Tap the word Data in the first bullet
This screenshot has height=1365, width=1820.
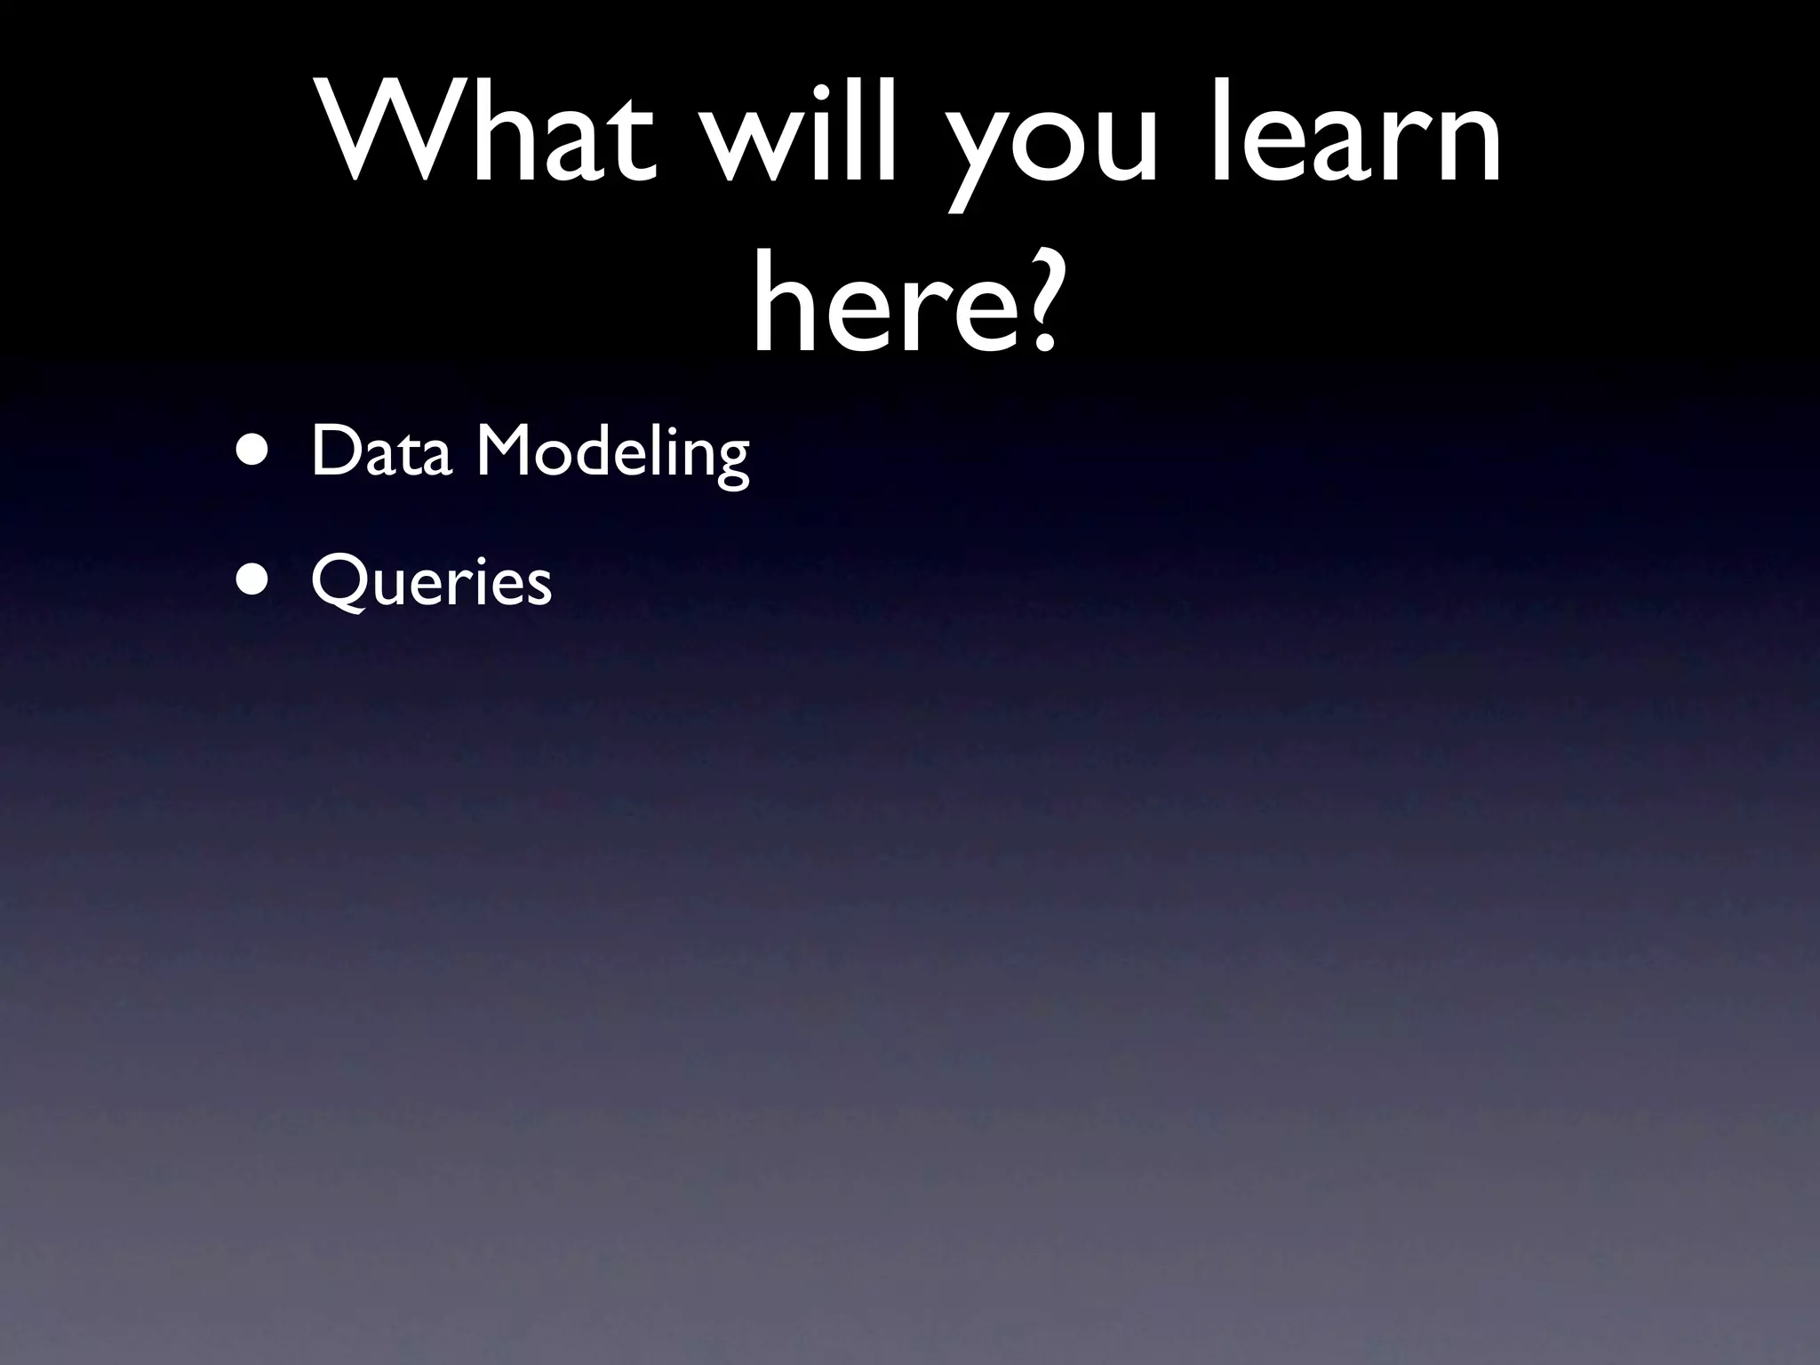pyautogui.click(x=382, y=451)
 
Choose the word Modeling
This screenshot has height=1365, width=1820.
pyautogui.click(x=613, y=453)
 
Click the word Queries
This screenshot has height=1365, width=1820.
pyautogui.click(x=432, y=582)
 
